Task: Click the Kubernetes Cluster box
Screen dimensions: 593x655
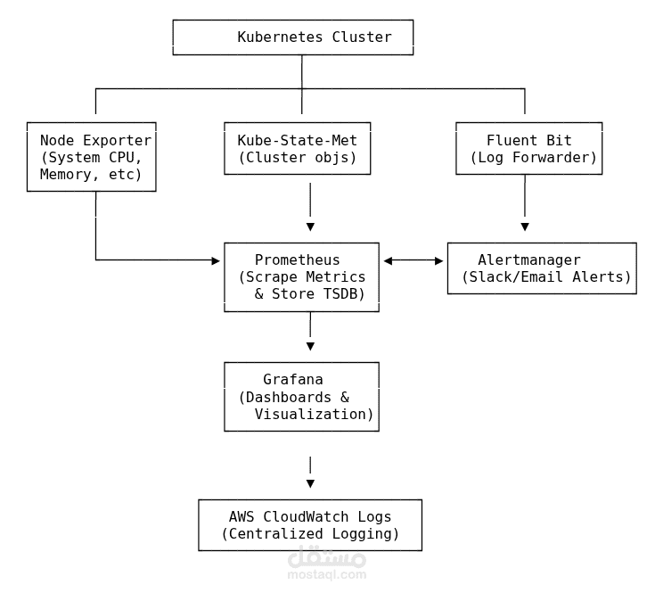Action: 292,37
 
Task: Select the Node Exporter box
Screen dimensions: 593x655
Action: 91,157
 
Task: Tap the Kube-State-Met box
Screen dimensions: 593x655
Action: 297,149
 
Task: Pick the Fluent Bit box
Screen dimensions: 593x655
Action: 528,149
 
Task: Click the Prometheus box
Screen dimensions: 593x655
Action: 301,277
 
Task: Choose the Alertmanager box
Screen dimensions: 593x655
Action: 541,268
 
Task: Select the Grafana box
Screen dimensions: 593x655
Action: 301,397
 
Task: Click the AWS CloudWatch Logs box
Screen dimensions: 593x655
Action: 309,525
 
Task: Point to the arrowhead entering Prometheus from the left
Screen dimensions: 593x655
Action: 215,260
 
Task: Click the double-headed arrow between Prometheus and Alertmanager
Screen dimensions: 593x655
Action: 413,260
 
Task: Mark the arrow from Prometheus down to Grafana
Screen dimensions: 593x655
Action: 310,337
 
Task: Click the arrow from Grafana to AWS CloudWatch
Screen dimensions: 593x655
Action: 310,473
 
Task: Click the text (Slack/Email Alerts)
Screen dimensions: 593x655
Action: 545,277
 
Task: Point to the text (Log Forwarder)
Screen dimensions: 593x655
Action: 533,158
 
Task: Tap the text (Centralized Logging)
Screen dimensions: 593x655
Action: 309,534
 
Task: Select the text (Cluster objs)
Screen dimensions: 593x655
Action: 297,158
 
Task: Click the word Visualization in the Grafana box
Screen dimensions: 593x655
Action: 314,414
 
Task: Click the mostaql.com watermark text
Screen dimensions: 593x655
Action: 326,574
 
